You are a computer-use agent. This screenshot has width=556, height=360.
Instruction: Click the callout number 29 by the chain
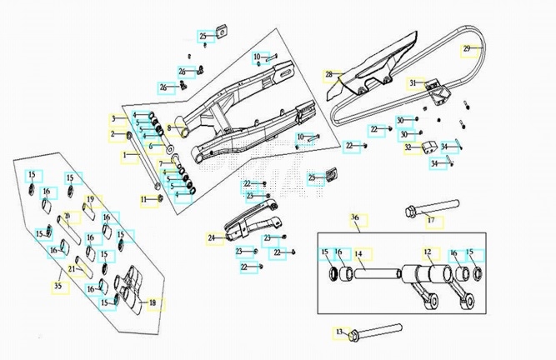coord(468,48)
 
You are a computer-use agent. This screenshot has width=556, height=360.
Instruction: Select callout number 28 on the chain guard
coord(329,75)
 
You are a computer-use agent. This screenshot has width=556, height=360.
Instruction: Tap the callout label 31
coord(412,83)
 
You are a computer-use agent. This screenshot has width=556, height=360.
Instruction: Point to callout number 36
coord(354,218)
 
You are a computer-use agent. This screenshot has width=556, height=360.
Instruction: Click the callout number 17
coord(431,220)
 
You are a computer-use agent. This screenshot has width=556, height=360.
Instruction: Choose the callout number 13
coord(339,332)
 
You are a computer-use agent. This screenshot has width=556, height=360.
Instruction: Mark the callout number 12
coord(428,252)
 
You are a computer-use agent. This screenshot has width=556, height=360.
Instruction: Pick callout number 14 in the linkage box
coord(358,252)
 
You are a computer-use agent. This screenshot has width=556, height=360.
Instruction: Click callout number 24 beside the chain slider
coord(212,238)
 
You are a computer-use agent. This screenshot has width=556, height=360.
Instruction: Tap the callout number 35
coord(58,286)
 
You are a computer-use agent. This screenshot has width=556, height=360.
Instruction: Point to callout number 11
coord(143,199)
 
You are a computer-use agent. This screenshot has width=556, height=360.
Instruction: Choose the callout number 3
coord(114,118)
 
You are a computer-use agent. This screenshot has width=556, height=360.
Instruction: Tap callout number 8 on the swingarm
coord(168,127)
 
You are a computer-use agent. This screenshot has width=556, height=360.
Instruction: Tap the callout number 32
coord(408,147)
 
